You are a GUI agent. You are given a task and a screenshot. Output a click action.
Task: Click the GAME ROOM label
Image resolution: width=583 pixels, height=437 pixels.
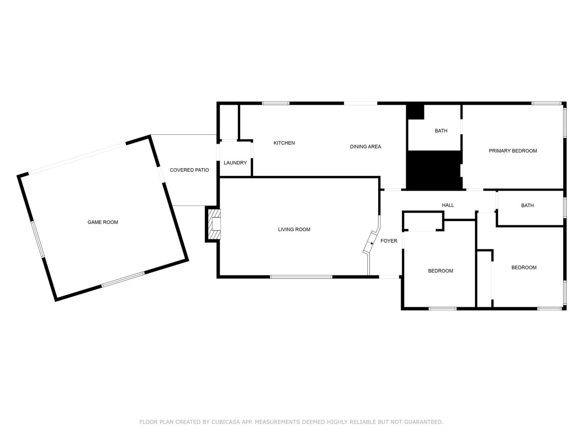[x=103, y=222]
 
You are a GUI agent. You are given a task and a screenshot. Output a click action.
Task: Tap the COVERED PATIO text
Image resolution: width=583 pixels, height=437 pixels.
[x=189, y=170]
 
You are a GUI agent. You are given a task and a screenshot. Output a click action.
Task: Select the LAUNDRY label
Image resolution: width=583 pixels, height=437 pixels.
[x=235, y=163]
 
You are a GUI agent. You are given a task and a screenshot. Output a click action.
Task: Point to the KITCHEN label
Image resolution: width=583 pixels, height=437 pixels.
[x=284, y=143]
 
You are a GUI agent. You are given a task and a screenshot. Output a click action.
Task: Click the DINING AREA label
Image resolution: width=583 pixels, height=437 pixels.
[x=365, y=146]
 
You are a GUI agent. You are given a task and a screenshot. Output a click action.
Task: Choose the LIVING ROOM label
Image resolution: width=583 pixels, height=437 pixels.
[x=294, y=229]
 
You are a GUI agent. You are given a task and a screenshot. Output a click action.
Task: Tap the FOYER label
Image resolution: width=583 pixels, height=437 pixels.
[x=389, y=241]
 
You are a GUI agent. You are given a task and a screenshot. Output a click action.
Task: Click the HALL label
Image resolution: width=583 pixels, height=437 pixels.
[x=448, y=205]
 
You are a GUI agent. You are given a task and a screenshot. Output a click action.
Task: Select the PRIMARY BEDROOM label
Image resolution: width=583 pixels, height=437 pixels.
[x=513, y=151]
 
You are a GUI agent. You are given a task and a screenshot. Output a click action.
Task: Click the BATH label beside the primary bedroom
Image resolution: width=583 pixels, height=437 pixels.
[x=441, y=131]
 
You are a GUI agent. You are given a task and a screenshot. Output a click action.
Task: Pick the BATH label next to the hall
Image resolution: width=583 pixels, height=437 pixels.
[x=527, y=205]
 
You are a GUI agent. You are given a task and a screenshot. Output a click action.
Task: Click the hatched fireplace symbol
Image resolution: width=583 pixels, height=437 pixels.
[x=214, y=224]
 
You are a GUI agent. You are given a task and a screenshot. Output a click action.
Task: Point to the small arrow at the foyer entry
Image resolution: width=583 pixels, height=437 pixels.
[x=372, y=243]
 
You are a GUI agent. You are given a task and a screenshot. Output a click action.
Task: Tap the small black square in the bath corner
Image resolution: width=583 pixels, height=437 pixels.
[x=415, y=112]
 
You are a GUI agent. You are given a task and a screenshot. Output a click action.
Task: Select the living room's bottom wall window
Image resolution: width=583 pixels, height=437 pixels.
[x=301, y=277]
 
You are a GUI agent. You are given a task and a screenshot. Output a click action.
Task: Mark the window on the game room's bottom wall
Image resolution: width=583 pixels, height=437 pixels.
[x=123, y=279]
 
